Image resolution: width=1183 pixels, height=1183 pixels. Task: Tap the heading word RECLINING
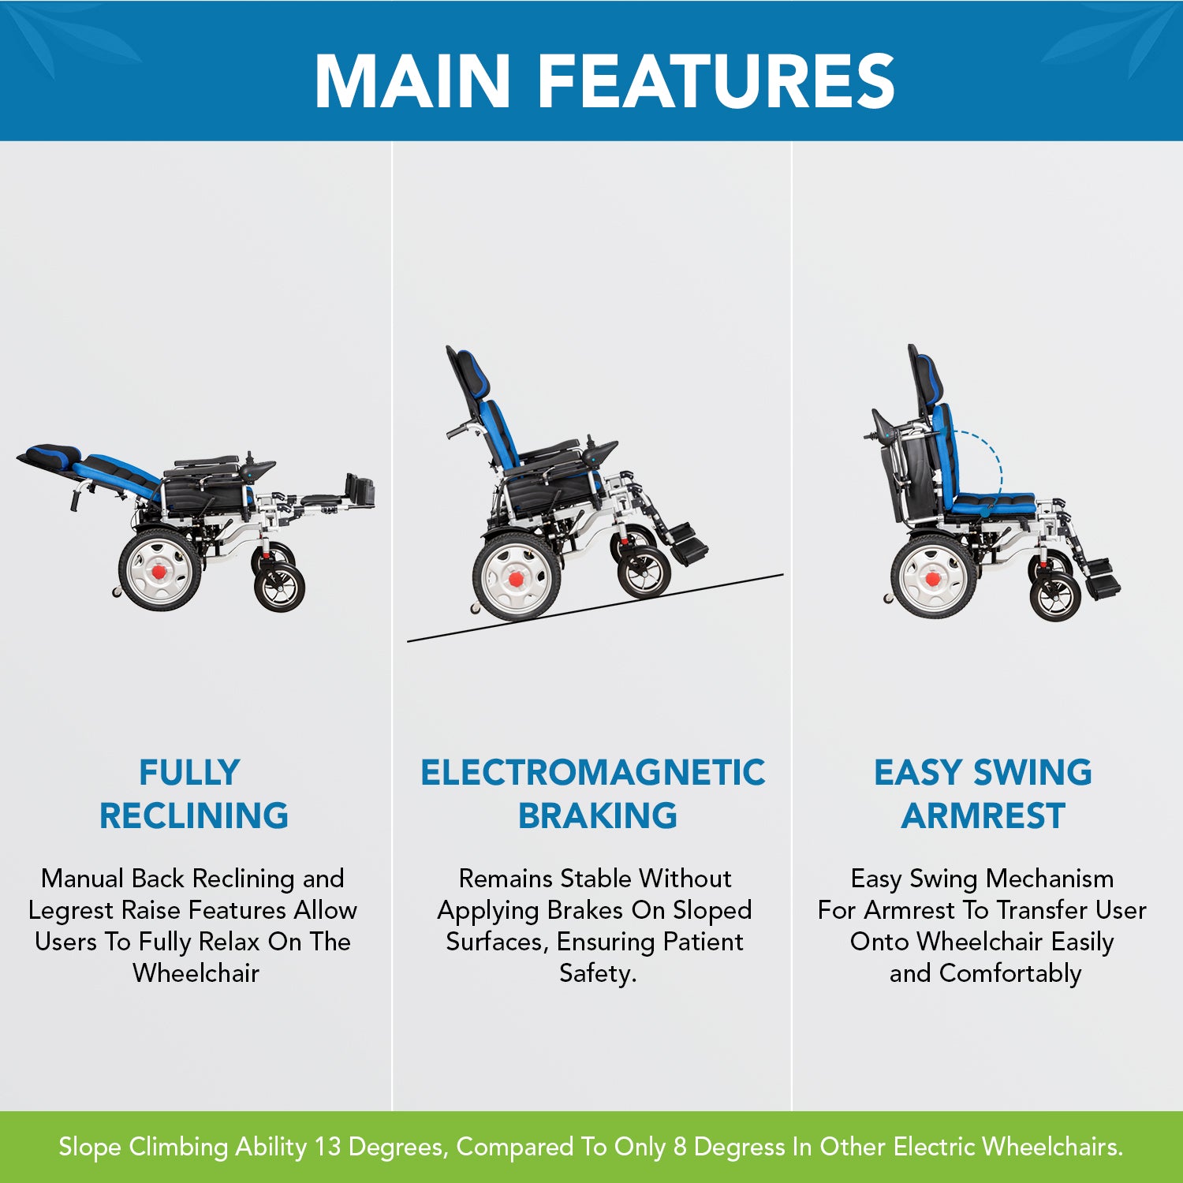pos(194,815)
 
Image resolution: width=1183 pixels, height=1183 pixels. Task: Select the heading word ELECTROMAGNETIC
pos(592,772)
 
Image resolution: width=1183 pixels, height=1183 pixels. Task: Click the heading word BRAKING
pos(597,815)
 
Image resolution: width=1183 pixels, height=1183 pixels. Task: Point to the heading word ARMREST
pos(983,815)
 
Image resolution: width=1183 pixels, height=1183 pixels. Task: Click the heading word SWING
pos(1032,772)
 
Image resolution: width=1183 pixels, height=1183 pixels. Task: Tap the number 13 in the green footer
pos(327,1146)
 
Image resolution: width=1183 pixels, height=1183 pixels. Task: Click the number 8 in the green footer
pos(680,1146)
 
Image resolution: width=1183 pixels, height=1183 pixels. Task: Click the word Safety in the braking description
pos(595,974)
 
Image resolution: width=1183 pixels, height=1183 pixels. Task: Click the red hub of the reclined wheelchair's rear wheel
pos(161,570)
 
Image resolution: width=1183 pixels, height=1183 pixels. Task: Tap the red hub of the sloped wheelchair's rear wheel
pos(516,580)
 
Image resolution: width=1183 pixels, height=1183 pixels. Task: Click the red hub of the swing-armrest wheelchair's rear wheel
pos(933,580)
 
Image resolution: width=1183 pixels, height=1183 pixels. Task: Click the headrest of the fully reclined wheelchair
pos(51,455)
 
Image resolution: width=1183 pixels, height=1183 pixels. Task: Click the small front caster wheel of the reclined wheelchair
pos(279,588)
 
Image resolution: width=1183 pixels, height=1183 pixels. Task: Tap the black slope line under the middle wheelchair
pos(595,608)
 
